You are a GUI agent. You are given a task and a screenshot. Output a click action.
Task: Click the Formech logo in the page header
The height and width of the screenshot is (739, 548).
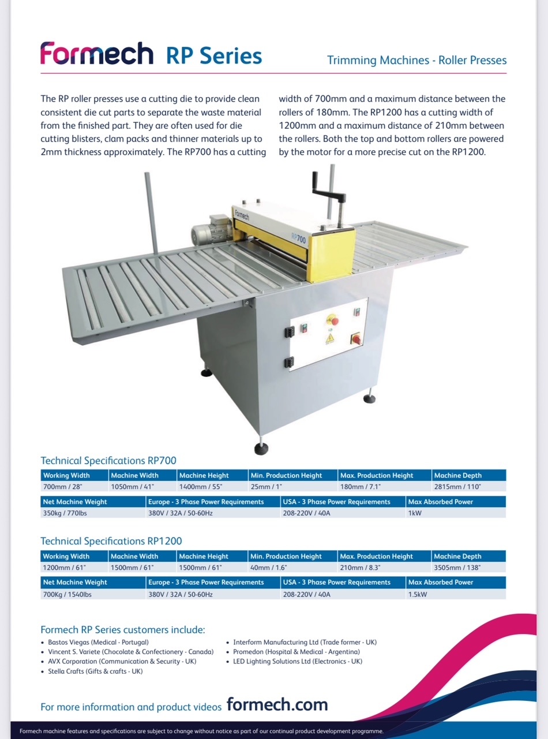[x=96, y=54]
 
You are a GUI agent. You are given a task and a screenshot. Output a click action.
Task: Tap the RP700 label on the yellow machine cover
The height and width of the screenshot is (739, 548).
[x=298, y=238]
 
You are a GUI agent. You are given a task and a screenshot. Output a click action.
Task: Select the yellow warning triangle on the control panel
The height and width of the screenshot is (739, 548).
[x=330, y=338]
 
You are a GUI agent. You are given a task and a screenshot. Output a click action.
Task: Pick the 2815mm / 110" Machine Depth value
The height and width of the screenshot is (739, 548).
[x=457, y=487]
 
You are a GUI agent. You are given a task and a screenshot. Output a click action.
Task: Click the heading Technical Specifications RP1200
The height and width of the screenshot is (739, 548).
[x=111, y=541]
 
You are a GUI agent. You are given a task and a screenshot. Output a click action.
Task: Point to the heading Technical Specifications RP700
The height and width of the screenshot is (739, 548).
[x=108, y=461]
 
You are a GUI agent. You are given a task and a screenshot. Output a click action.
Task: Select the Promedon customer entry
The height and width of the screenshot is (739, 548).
[x=296, y=652]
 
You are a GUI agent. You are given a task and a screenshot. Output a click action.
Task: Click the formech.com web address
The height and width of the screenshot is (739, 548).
[x=277, y=704]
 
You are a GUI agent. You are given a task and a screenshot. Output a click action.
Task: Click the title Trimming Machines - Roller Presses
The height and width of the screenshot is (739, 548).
[x=416, y=60]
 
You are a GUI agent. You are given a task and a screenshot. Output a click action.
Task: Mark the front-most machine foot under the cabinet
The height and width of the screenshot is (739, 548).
[x=261, y=449]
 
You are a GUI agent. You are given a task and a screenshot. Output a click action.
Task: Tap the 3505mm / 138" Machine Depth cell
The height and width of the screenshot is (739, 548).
[x=457, y=568]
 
